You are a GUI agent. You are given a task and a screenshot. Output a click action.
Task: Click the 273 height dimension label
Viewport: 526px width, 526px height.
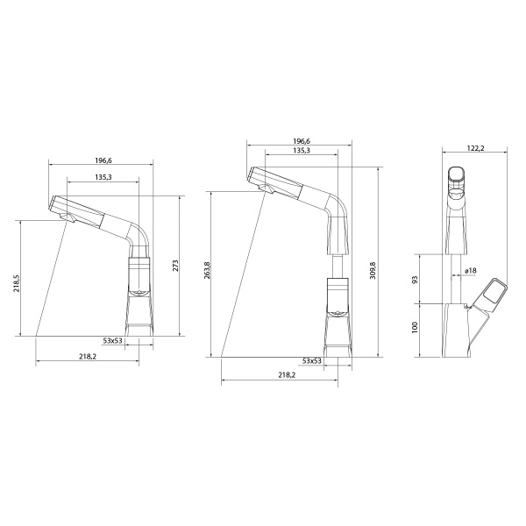coord(175,266)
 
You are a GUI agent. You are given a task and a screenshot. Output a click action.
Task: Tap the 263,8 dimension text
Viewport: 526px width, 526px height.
coord(208,271)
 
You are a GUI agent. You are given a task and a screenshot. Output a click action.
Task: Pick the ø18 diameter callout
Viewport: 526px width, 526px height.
coord(469,272)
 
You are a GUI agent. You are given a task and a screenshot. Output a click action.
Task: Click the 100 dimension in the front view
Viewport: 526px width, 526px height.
coord(416,328)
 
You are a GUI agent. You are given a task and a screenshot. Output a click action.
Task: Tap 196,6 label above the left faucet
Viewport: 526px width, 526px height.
coord(103,160)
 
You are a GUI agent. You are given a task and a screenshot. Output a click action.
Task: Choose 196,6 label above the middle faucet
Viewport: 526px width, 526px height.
coord(302,140)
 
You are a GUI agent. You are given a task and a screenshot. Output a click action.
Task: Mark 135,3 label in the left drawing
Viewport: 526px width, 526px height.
coord(103,177)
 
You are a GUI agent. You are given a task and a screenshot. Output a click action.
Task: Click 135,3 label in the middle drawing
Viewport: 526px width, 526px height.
coord(302,151)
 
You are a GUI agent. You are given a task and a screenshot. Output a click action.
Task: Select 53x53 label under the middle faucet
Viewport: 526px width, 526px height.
coord(311,360)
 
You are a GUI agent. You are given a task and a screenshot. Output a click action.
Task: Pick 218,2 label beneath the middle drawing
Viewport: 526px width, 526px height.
coord(287,375)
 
